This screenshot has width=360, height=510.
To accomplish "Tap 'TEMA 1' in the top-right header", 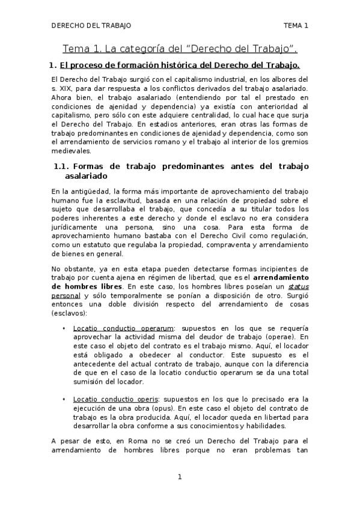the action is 296,26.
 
